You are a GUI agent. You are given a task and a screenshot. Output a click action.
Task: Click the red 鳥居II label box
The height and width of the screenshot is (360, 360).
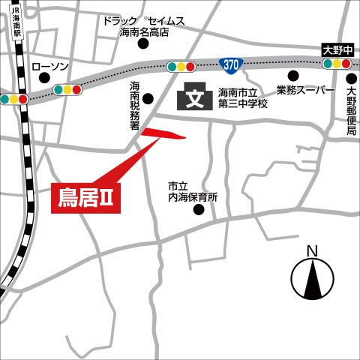tap(86, 197)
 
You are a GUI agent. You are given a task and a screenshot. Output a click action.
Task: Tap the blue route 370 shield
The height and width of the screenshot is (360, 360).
tap(232, 66)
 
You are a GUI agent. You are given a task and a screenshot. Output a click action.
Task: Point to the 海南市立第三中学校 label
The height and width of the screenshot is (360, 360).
tap(242, 97)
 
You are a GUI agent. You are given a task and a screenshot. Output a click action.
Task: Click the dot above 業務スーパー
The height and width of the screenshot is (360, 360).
tap(292, 76)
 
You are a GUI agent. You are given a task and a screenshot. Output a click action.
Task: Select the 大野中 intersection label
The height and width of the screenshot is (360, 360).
tap(337, 50)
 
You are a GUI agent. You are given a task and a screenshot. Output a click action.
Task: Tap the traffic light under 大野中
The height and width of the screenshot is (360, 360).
tap(337, 64)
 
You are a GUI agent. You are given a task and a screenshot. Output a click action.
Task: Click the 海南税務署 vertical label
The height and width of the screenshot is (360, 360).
tap(135, 104)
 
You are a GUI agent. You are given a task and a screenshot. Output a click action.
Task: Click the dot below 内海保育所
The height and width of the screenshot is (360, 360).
tap(199, 210)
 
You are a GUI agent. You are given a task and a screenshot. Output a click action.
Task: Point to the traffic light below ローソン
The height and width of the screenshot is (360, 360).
tap(67, 90)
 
